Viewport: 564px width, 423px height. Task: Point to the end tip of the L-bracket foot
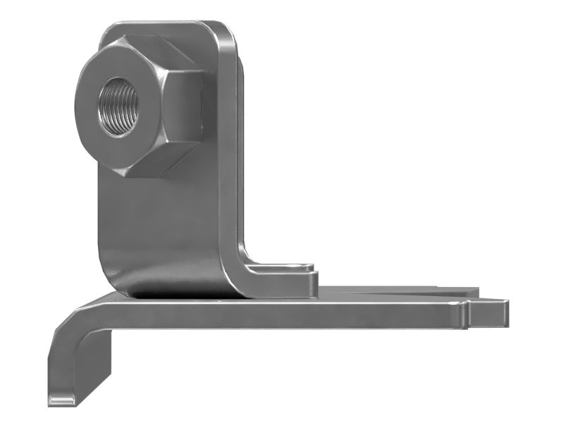(x=310, y=278)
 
